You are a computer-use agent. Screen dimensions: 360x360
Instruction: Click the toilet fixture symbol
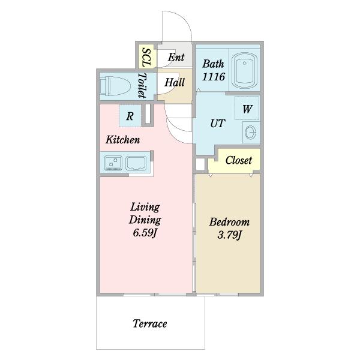115,86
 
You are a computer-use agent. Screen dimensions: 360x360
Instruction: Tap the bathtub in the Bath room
244,70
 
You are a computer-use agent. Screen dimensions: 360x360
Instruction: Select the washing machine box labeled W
247,108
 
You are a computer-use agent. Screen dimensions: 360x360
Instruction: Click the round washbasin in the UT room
250,133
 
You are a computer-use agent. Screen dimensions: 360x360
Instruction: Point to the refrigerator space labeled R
130,116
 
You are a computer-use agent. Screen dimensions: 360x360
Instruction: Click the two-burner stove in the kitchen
113,163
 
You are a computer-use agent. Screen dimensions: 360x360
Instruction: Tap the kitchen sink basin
136,163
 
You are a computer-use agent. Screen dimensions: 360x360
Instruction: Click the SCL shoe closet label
147,58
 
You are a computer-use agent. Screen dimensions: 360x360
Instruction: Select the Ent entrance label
176,57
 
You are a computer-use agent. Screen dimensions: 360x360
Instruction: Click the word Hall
175,82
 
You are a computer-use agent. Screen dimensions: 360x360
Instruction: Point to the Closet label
239,160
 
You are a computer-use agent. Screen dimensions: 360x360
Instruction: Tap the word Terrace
149,324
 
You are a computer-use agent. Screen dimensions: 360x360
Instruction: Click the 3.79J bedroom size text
230,235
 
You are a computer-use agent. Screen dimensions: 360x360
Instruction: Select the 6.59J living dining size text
145,233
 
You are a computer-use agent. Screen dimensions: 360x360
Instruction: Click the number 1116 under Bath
214,77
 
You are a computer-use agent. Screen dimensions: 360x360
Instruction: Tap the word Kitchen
123,140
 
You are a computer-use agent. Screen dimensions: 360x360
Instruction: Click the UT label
217,124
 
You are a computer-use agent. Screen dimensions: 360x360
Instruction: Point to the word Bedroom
229,222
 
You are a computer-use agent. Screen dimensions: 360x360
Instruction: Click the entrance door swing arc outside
184,20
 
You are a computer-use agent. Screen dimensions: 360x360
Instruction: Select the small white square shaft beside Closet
200,164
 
